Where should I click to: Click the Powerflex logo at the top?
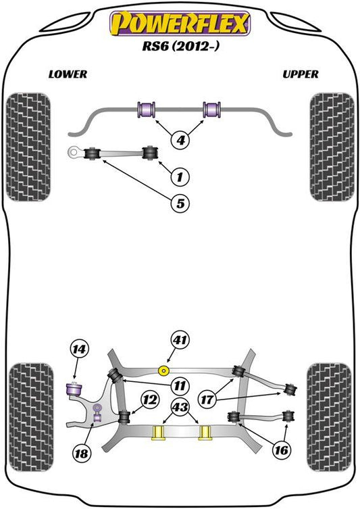click(180, 24)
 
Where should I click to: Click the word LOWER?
click(68, 74)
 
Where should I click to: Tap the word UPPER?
click(301, 74)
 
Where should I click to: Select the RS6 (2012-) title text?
click(180, 46)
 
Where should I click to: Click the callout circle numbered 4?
click(180, 140)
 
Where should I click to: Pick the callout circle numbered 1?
click(180, 176)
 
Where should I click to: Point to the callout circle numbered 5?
click(180, 203)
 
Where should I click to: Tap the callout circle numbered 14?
click(79, 349)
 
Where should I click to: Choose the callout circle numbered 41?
click(180, 340)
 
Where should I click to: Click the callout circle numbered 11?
click(180, 386)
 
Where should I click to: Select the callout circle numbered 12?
click(150, 400)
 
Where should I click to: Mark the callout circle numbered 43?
click(180, 407)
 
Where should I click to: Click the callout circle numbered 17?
click(207, 399)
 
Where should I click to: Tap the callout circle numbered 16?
click(281, 450)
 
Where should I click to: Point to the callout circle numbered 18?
click(82, 453)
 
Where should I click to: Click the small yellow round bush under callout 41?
click(163, 370)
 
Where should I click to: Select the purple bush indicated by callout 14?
click(74, 389)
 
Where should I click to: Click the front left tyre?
click(28, 147)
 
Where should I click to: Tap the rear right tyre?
click(329, 417)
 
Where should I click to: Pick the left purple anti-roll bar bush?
click(147, 110)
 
